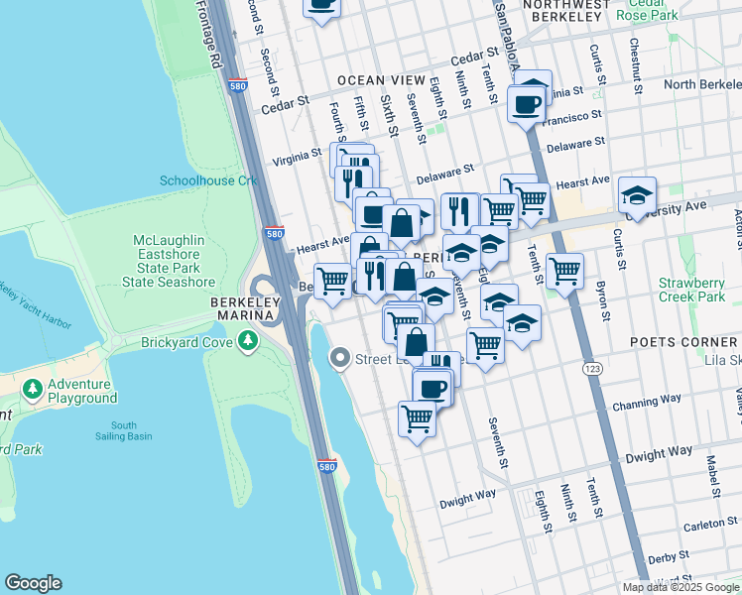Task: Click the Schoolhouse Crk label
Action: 208,180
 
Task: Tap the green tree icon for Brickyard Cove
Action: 246,343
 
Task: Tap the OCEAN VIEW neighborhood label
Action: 382,79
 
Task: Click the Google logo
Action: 33,583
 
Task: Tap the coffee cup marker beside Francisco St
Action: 526,102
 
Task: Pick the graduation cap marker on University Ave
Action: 637,194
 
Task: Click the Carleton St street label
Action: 708,525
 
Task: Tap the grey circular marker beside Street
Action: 340,358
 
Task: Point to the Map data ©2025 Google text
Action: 680,587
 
